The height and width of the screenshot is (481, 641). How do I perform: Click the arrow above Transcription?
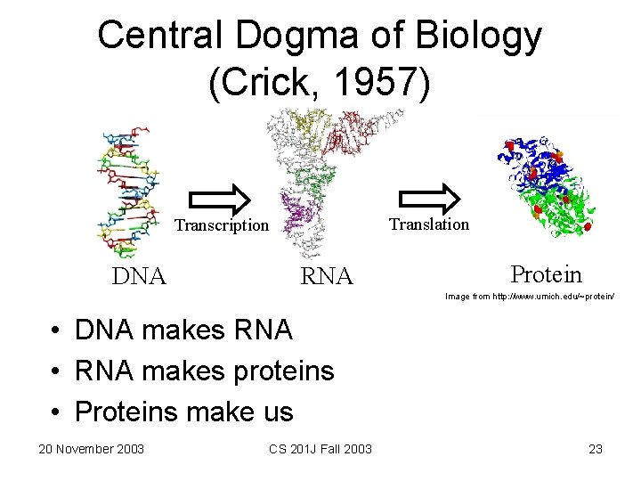point(220,200)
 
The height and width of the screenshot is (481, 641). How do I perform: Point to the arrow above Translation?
point(428,199)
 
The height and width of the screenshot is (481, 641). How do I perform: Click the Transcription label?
point(220,225)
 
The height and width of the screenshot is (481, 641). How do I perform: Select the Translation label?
point(428,224)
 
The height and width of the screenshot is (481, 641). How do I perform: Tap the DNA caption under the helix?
point(139,276)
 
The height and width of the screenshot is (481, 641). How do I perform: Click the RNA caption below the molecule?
point(327,277)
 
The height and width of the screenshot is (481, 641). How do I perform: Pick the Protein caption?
point(546,275)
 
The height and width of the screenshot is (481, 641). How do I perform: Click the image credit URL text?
point(529,296)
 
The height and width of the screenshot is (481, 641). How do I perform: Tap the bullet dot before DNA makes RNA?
point(55,331)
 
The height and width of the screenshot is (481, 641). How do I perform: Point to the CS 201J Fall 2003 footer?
point(320,448)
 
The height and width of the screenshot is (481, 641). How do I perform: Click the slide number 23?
point(596,448)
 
